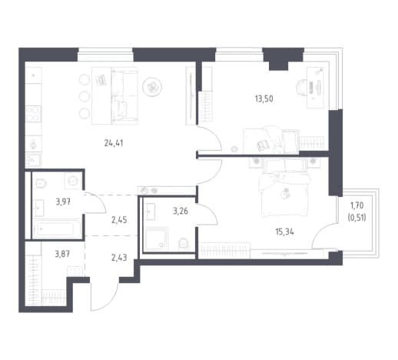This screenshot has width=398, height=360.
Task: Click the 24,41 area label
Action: pos(114,143)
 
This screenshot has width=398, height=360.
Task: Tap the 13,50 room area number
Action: pos(264,98)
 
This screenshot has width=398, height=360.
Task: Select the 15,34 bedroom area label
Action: pos(284,232)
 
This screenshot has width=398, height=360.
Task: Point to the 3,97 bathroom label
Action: pos(63,202)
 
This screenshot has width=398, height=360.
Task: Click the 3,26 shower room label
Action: pos(181,211)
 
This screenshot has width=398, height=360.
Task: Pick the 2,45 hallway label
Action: pos(119,220)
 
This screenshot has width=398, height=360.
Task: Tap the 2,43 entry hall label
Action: pos(119,257)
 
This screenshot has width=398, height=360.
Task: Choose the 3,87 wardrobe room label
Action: pos(62,254)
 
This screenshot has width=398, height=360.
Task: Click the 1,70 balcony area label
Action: pos(357,205)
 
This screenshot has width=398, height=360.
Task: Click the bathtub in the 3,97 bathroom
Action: pos(58,228)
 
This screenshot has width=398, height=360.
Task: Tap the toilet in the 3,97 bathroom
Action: pos(41,183)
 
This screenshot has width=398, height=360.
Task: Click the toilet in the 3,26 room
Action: pos(183,244)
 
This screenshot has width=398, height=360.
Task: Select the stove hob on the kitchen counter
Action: pos(33,114)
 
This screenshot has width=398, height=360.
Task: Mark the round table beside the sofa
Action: pos(152,87)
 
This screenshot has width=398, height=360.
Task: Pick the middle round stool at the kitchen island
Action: pos(85,96)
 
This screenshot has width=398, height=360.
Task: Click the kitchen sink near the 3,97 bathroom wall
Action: pos(33,160)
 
